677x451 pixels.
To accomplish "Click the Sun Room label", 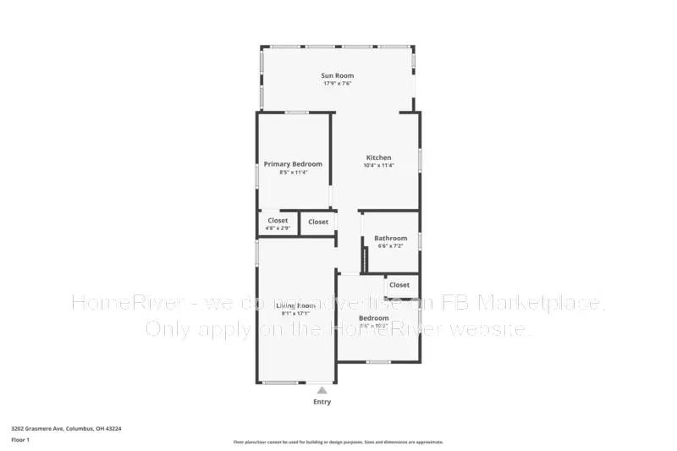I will tap(338, 75).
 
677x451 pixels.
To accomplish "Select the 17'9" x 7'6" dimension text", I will tap(338, 84).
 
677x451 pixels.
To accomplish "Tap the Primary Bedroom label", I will tap(293, 163).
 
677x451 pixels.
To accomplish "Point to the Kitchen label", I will tap(378, 158).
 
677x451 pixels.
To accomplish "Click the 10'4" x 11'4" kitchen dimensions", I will tap(378, 166).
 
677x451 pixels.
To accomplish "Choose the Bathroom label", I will tap(390, 239).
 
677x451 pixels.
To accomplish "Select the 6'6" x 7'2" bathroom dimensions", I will tap(390, 246).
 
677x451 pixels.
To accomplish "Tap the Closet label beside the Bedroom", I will tap(399, 285).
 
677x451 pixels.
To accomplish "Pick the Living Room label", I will tap(295, 305).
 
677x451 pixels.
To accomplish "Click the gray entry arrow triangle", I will tap(322, 390).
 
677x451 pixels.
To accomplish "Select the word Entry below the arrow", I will tap(322, 402).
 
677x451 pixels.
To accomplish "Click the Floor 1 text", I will tap(20, 441).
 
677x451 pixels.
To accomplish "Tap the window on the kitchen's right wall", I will tap(420, 161).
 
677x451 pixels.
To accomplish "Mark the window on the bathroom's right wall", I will tap(420, 241).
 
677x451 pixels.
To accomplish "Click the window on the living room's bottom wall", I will tap(278, 383).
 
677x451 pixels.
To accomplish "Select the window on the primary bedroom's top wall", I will tap(296, 112).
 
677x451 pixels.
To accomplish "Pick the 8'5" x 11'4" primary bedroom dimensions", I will tap(293, 172).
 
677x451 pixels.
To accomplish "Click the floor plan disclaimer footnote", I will tap(338, 442).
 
